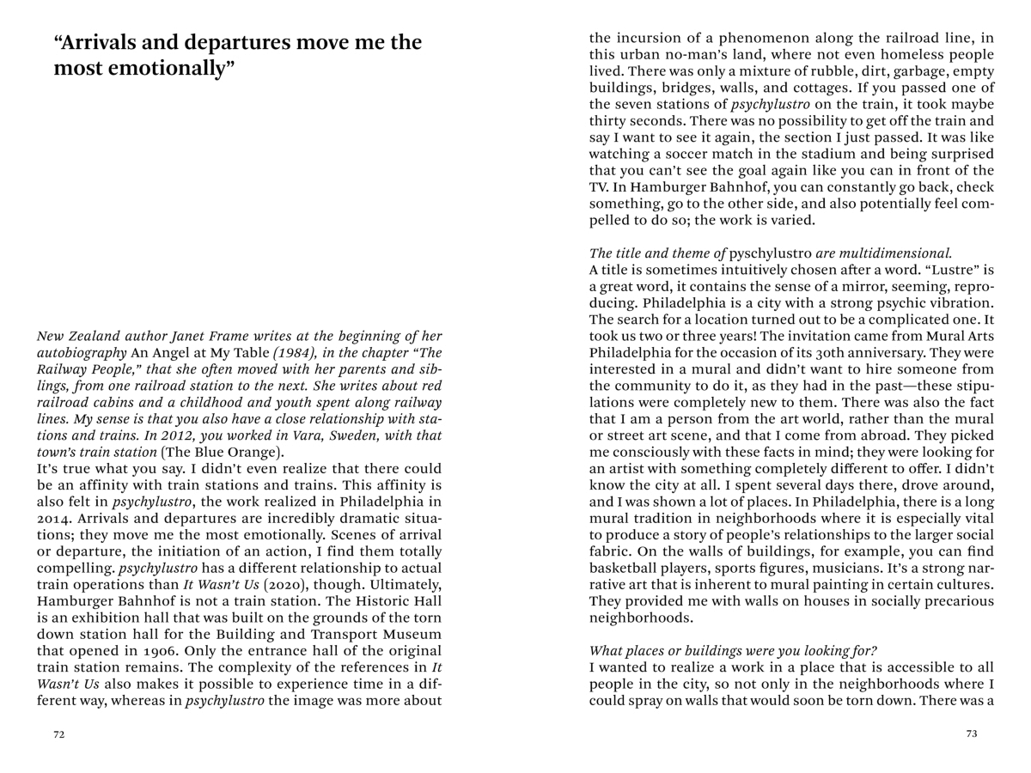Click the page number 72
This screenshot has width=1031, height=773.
click(x=59, y=734)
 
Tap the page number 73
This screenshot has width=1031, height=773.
click(x=971, y=733)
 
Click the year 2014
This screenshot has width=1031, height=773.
click(x=54, y=519)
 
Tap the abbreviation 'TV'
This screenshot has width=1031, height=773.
click(x=599, y=187)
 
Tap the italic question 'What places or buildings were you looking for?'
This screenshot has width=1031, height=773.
click(x=733, y=651)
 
